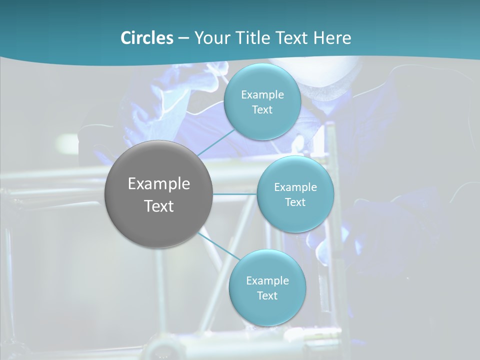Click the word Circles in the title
pos(147,38)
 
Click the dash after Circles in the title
pos(183,38)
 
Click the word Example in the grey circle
pos(159,184)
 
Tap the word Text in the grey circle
pos(159,206)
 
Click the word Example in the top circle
pos(262,95)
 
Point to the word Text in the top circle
pos(262,110)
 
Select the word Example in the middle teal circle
pos(295,187)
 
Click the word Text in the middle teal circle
pos(295,202)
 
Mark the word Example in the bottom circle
pos(267,281)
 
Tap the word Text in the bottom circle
pos(267,296)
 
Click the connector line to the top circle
pos(215,142)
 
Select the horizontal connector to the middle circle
pos(235,194)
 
